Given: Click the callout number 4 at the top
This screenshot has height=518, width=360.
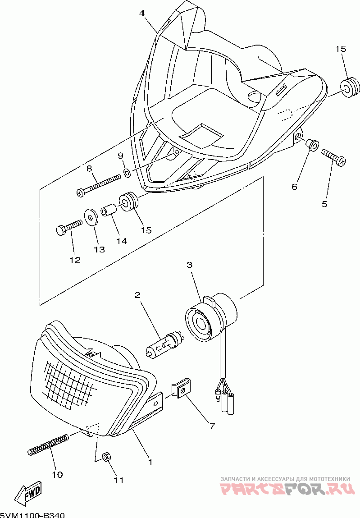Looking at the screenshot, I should (142, 14).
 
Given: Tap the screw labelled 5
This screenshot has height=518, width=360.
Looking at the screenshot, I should (333, 157).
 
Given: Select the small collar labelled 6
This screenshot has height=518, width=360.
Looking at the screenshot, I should (311, 145).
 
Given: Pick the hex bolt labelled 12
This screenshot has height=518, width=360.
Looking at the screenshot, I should (68, 226).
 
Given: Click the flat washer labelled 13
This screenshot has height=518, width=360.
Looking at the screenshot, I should (92, 217).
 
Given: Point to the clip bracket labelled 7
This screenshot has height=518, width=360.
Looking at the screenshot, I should (181, 388).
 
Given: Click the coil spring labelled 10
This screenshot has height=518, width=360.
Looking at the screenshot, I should (48, 444).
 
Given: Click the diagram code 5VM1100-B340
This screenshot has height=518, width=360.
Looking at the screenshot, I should (32, 514).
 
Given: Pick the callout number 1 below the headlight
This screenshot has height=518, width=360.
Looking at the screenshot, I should (150, 462).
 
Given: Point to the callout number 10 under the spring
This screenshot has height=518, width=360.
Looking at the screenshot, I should (57, 474).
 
